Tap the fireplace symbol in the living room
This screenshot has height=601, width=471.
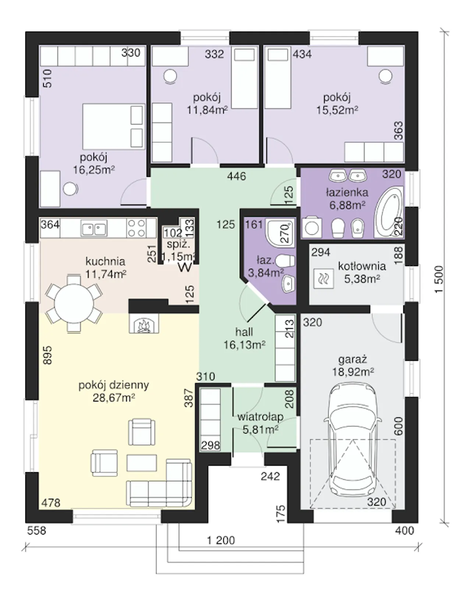pos(144,323)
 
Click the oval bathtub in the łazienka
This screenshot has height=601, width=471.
pos(388,212)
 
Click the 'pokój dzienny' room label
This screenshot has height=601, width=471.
pos(114,385)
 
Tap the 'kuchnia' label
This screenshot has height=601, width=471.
pos(105,261)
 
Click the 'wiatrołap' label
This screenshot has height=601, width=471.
pos(261,417)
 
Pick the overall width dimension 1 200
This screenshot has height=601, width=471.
pos(221,540)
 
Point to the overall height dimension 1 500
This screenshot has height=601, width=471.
pos(439,279)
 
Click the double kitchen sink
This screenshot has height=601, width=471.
pos(94,228)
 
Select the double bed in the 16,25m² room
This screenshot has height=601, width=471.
pos(114,127)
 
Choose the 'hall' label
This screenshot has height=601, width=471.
pos(244,332)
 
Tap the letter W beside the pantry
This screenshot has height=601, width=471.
pos(185,268)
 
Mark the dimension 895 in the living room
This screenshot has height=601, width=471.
pos(47,355)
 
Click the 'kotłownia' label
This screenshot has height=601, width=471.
pos(362,266)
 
